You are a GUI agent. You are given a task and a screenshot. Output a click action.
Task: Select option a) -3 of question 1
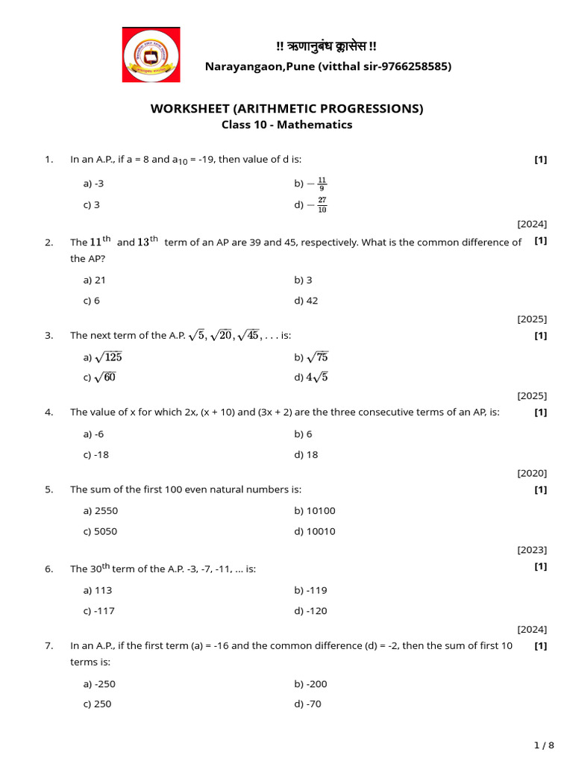93,184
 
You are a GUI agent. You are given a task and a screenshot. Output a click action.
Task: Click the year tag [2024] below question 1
532,224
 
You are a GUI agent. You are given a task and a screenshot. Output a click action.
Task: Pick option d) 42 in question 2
306,301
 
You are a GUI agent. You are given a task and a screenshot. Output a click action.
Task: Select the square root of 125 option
103,357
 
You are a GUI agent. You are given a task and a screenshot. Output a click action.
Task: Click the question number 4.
48,413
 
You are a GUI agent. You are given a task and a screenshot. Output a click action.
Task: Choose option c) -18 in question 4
96,454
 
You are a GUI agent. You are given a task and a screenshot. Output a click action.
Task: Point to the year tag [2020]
532,473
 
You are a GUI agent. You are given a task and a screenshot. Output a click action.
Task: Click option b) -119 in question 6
310,590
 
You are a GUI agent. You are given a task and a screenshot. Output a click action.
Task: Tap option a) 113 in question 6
98,590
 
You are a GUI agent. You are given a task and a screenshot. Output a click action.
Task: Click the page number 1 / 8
545,745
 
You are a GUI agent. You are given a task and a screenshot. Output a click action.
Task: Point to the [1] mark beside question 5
541,489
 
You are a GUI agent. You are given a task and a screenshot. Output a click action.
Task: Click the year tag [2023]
532,551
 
